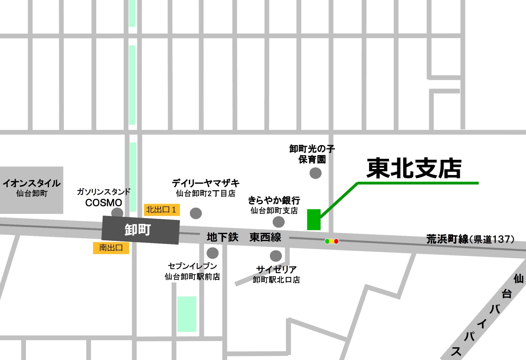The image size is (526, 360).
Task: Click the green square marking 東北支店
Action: (314, 220)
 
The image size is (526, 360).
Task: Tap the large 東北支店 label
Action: (414, 168)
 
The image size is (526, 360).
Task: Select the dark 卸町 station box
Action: (140, 230)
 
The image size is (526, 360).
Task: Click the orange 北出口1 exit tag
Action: (161, 210)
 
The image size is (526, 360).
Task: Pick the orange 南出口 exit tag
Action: (111, 248)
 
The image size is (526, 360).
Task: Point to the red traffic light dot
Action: (336, 241)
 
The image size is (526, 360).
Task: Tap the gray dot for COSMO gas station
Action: (117, 213)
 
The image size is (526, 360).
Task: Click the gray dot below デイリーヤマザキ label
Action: (196, 213)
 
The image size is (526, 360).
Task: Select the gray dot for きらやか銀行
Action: (279, 222)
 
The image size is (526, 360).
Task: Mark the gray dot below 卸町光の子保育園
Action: (315, 173)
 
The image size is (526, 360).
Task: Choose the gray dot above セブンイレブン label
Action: (213, 253)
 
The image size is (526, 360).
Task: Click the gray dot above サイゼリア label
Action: (276, 256)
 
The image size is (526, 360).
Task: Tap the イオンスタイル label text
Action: (32, 183)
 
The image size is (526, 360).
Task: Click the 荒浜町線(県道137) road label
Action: (470, 239)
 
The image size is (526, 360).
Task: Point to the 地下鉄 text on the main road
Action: (222, 237)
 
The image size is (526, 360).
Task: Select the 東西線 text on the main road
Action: (265, 237)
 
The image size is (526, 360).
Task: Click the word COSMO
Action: (104, 203)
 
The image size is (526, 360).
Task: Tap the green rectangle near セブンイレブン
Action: (187, 314)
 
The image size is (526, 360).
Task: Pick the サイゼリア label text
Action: (276, 269)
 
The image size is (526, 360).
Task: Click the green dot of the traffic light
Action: (327, 241)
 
